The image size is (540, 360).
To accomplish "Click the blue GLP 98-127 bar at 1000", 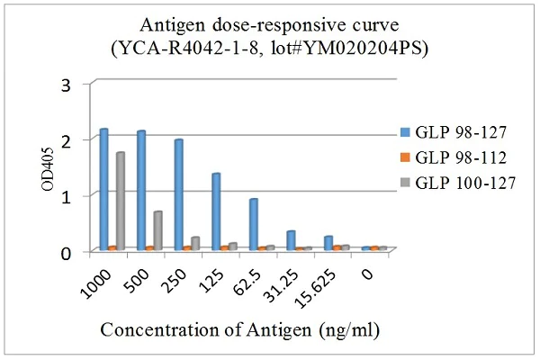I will coord(104,190).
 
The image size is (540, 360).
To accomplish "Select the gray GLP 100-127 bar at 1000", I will coord(121,202).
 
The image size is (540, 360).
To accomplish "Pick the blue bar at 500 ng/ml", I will coord(141,191).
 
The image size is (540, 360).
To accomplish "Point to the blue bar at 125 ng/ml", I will coord(216,211).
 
